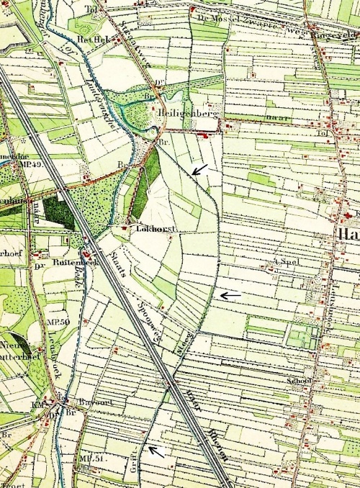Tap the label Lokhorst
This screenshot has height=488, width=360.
tap(150, 227)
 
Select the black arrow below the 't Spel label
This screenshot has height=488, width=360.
tap(230, 295)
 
